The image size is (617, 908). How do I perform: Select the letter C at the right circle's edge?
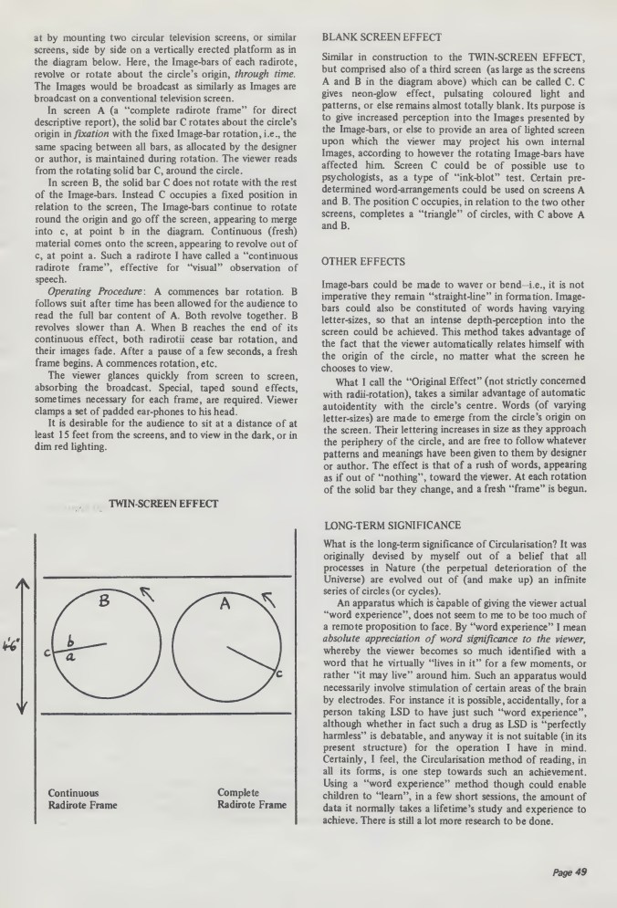pyautogui.click(x=278, y=673)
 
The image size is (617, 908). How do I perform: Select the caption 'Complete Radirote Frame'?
pyautogui.click(x=251, y=825)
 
